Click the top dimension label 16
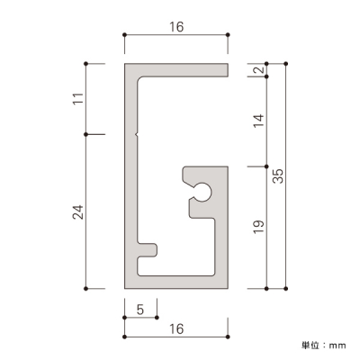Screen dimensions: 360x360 [176, 27]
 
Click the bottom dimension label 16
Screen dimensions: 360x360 [176, 328]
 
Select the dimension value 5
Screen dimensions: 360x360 [140, 310]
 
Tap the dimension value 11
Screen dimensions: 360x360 [77, 99]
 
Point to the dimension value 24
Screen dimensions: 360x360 [77, 212]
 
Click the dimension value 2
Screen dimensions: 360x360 [259, 70]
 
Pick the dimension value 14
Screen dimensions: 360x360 [259, 121]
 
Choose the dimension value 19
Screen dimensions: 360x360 [258, 227]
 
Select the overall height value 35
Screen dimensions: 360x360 [278, 176]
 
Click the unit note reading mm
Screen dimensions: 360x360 [337, 346]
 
